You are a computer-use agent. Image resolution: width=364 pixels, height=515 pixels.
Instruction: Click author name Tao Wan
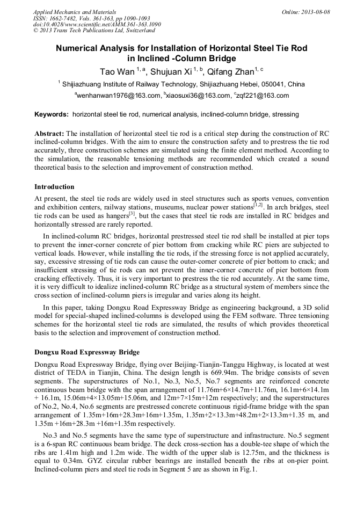coord(117,71)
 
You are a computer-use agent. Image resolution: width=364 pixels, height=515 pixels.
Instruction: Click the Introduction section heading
coord(54,187)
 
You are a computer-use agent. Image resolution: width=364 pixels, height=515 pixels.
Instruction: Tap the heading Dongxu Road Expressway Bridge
coord(87,352)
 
